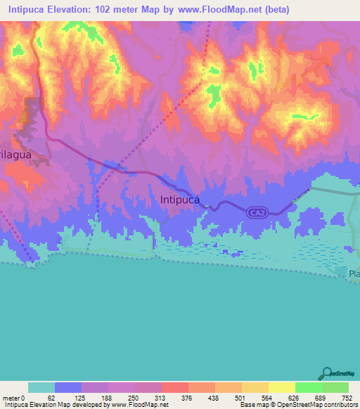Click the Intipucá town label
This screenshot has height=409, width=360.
[x=180, y=200]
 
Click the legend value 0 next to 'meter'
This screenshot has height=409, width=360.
[x=24, y=397]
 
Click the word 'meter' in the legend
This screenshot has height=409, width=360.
[x=11, y=397]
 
